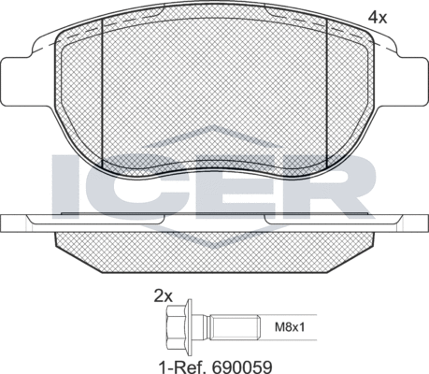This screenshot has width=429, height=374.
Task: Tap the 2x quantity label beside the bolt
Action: pos(164,296)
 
